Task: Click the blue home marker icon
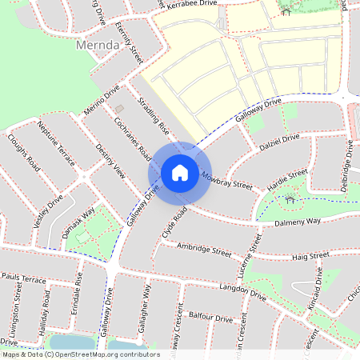click(x=180, y=172)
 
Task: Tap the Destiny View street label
click(x=110, y=162)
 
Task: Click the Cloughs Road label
click(x=24, y=152)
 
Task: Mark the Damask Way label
click(x=78, y=222)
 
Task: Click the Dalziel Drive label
click(x=278, y=144)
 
